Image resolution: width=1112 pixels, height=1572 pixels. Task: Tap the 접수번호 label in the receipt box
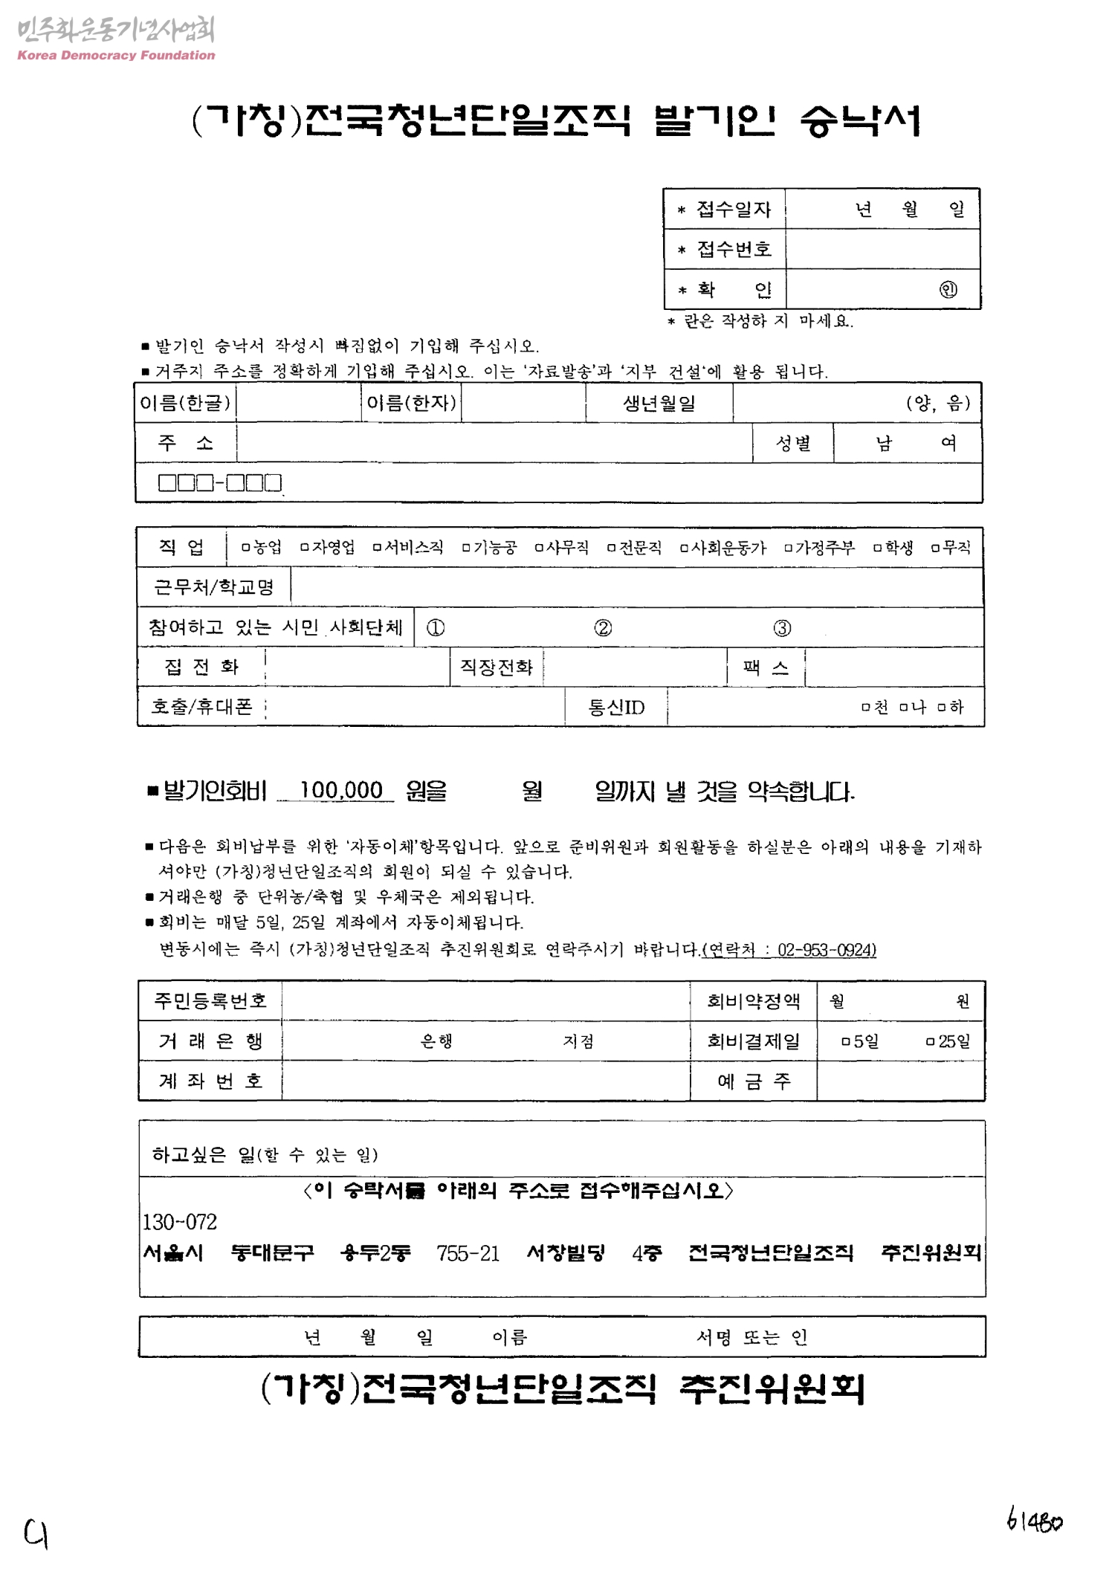coord(734,249)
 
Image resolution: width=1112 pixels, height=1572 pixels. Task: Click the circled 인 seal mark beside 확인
coord(948,290)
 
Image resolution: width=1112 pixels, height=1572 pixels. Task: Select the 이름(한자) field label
coord(411,403)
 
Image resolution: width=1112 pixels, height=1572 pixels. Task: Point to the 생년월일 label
coord(659,404)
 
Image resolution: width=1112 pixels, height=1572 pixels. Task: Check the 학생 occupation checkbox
coord(878,549)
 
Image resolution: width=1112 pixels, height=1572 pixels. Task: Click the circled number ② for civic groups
coord(603,628)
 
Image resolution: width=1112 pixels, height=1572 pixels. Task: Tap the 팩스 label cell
coord(766,667)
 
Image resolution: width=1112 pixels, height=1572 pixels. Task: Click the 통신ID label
coord(616,707)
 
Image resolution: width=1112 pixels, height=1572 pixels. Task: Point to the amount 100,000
coord(340,790)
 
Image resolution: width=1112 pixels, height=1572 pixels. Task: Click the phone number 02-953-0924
coord(827,950)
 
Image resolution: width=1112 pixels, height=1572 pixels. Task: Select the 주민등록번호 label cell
coord(210,1001)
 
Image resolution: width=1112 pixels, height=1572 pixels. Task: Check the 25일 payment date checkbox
coord(930,1042)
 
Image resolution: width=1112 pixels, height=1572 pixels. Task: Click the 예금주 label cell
coord(753,1081)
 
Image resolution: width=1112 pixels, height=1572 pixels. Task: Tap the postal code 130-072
coord(180,1222)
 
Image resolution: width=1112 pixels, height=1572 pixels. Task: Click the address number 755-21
coord(468,1254)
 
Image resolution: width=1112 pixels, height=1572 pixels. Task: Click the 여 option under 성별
coord(948,444)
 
